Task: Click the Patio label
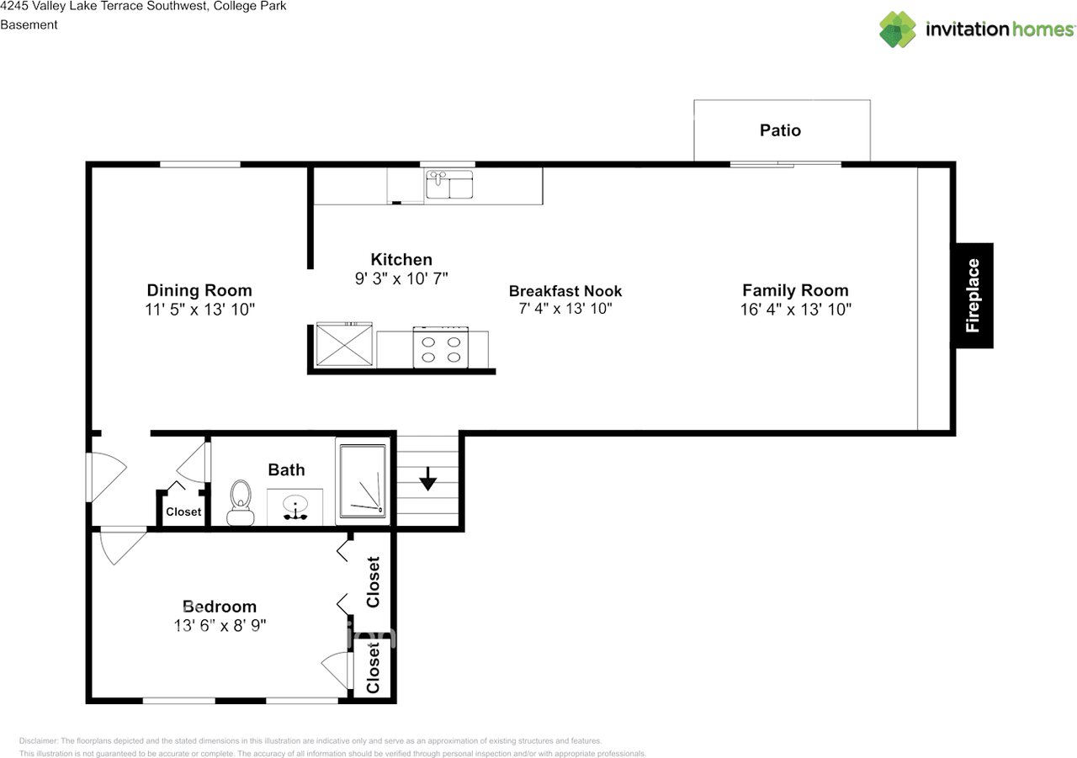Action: click(780, 130)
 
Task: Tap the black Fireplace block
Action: click(972, 295)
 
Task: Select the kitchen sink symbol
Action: click(448, 184)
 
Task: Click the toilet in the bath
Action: click(241, 503)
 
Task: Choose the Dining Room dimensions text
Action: click(199, 310)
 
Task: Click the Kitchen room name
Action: click(401, 260)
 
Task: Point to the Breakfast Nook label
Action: click(565, 291)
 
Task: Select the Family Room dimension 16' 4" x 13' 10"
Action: click(795, 310)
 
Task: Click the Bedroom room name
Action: click(220, 607)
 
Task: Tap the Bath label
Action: click(286, 470)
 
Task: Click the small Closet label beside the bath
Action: click(183, 512)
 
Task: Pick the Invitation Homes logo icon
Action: click(898, 29)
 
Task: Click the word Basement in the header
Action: click(29, 24)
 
